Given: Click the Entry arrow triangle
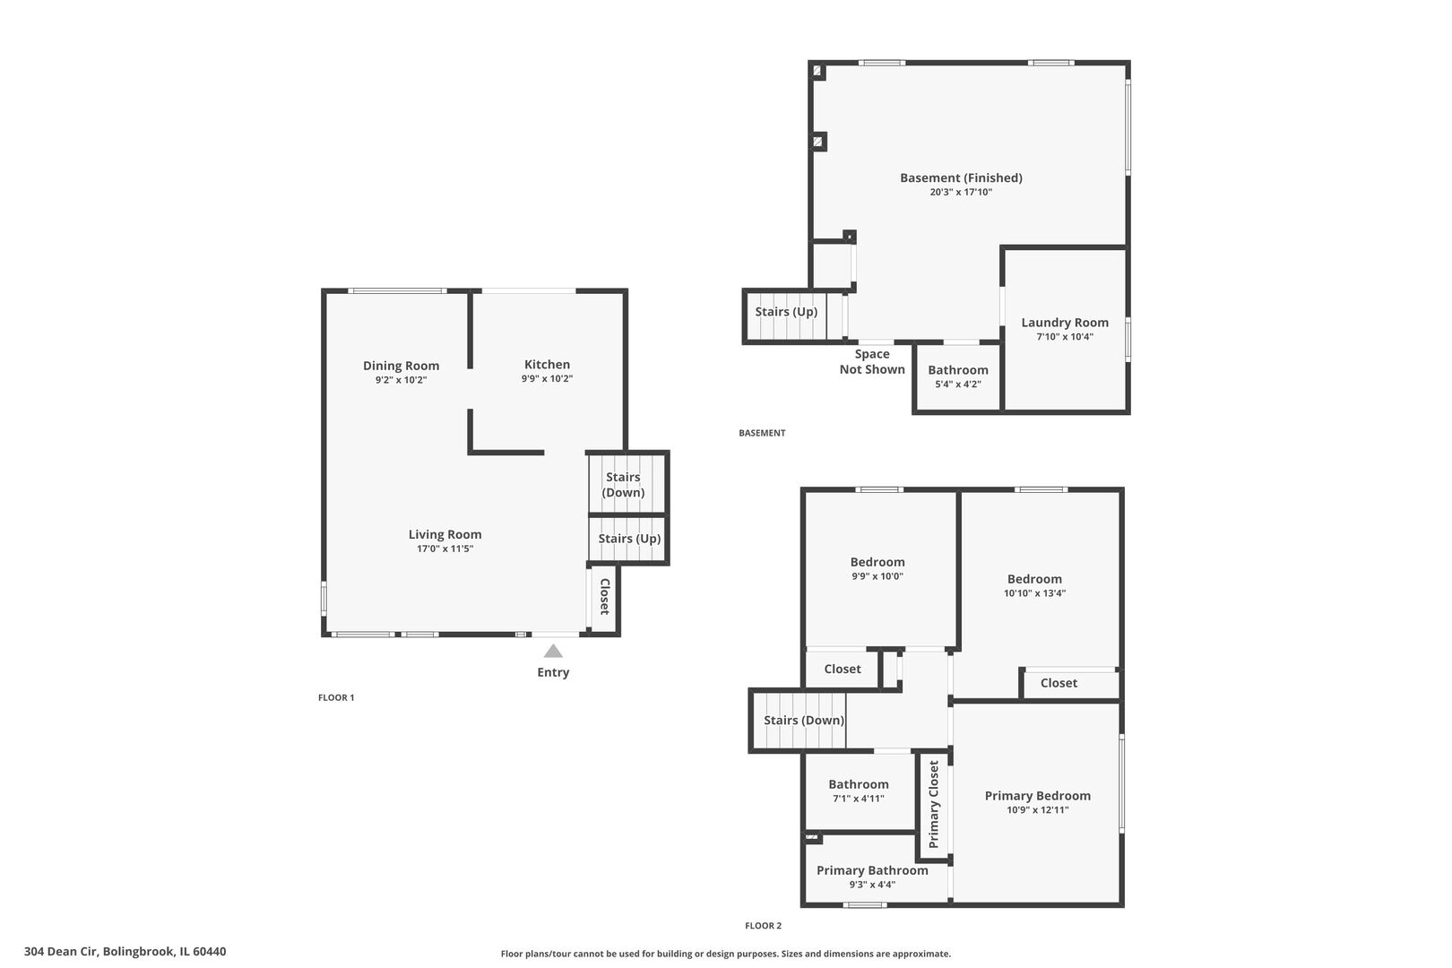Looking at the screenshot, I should click(553, 652).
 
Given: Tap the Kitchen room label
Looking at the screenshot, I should click(547, 365).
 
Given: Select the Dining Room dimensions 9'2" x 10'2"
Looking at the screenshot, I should click(401, 380).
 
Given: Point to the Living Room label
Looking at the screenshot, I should click(445, 534).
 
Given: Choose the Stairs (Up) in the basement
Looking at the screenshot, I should click(786, 312).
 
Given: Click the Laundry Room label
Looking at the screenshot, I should click(1065, 323).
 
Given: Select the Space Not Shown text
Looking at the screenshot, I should click(871, 361).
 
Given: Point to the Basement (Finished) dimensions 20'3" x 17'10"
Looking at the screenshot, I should click(961, 192).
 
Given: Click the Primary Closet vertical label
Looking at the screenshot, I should click(934, 804).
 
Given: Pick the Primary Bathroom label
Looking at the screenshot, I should click(872, 870).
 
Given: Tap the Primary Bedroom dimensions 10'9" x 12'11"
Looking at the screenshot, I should click(1037, 810).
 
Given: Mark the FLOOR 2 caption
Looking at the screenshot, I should click(763, 926).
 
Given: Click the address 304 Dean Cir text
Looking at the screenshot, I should click(125, 952).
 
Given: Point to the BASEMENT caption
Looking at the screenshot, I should click(762, 433).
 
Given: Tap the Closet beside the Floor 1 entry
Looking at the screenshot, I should click(604, 596).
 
